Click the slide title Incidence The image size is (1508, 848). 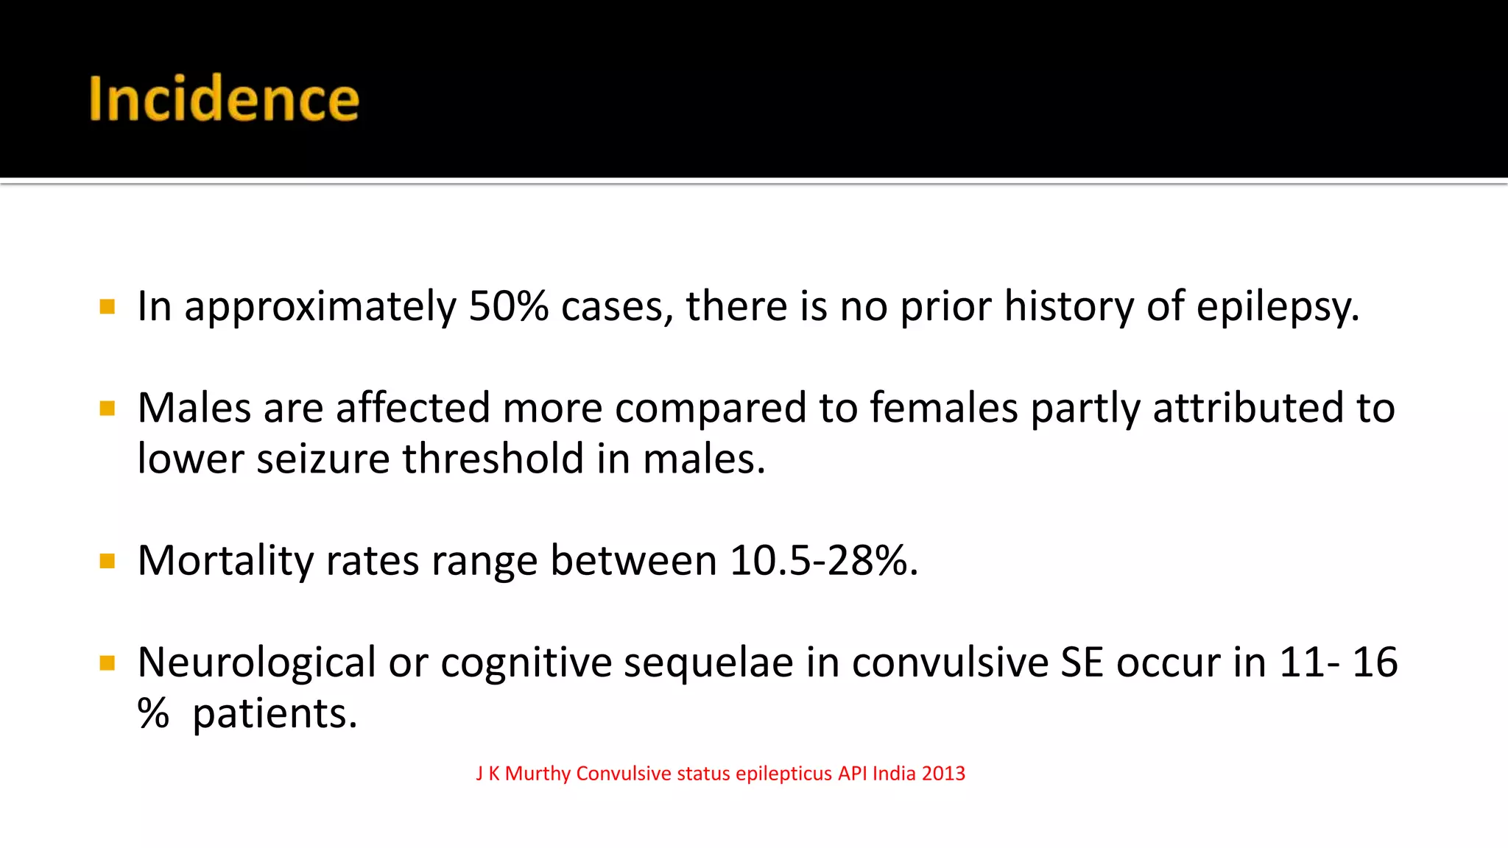click(224, 99)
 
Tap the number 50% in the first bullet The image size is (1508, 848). click(508, 306)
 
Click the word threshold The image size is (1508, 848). click(493, 459)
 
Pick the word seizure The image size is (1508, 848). click(323, 460)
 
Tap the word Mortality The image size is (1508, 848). click(225, 562)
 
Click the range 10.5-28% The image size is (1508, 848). click(823, 561)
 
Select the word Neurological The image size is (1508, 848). click(257, 662)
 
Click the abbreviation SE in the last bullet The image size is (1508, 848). click(1082, 662)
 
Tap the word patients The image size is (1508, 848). click(275, 714)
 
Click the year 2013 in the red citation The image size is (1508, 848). click(943, 774)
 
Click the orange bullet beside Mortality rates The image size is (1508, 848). click(108, 562)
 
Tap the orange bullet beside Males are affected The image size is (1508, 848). click(108, 409)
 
